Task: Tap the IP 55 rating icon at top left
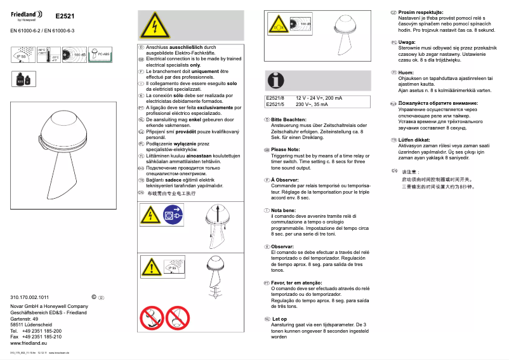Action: [21, 56]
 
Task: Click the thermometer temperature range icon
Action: [48, 55]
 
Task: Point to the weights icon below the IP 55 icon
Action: [20, 79]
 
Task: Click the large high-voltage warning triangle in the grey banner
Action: [150, 26]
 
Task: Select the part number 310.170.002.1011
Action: [30, 297]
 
